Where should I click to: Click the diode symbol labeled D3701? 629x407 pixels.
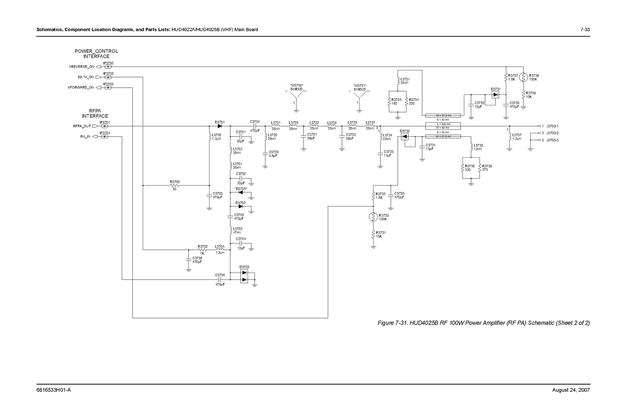click(x=219, y=126)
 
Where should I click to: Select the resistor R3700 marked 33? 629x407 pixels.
click(x=175, y=185)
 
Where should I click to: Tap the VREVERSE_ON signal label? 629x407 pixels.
click(x=81, y=67)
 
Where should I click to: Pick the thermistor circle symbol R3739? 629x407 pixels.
click(x=523, y=77)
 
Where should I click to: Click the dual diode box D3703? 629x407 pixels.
click(x=244, y=276)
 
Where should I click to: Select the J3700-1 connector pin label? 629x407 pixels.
click(x=552, y=126)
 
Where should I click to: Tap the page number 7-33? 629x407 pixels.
click(x=585, y=30)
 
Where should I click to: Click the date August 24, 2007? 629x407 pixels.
click(x=571, y=390)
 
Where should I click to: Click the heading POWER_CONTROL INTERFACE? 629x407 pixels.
click(x=96, y=53)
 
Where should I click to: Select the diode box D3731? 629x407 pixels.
click(x=495, y=95)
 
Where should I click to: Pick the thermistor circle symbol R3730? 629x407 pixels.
click(x=373, y=217)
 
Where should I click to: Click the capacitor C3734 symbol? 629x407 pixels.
click(x=254, y=126)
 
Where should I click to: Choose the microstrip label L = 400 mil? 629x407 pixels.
click(x=443, y=124)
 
